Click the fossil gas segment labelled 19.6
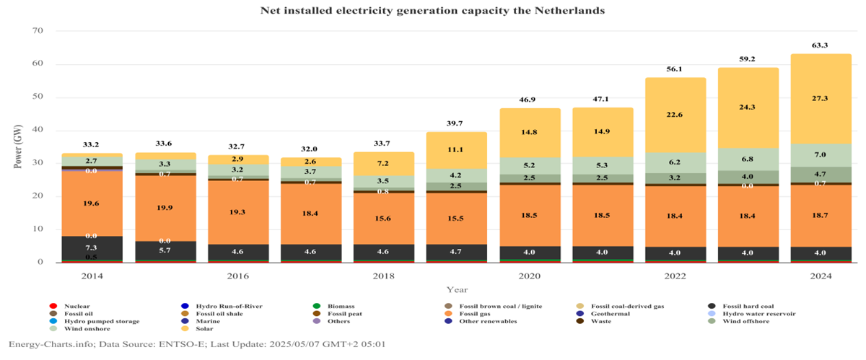point(92,203)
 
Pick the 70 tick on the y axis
point(38,31)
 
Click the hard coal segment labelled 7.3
point(92,247)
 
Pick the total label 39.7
point(458,123)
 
